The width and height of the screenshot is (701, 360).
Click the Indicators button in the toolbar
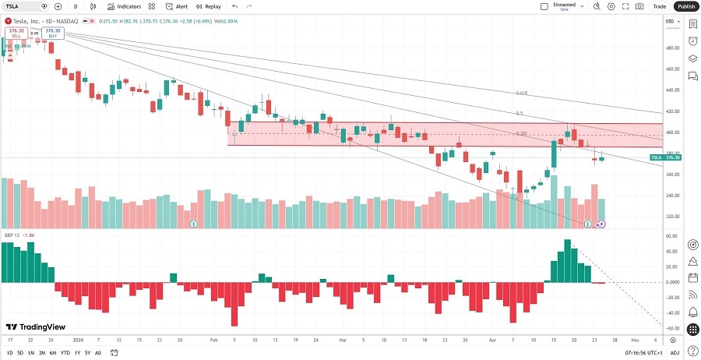124,6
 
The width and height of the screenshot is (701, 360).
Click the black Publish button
685,6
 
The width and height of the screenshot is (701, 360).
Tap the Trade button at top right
659,6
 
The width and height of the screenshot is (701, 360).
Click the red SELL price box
16,33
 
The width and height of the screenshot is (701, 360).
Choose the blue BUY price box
52,33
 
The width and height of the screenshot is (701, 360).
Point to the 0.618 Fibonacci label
522,93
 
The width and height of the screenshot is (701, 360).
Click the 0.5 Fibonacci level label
520,113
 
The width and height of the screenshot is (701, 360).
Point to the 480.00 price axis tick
671,48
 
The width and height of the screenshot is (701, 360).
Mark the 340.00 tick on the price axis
671,196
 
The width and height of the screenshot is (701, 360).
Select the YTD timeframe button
65,353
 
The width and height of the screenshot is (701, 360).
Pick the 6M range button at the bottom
52,353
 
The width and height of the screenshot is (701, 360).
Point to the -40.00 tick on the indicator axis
671,311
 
